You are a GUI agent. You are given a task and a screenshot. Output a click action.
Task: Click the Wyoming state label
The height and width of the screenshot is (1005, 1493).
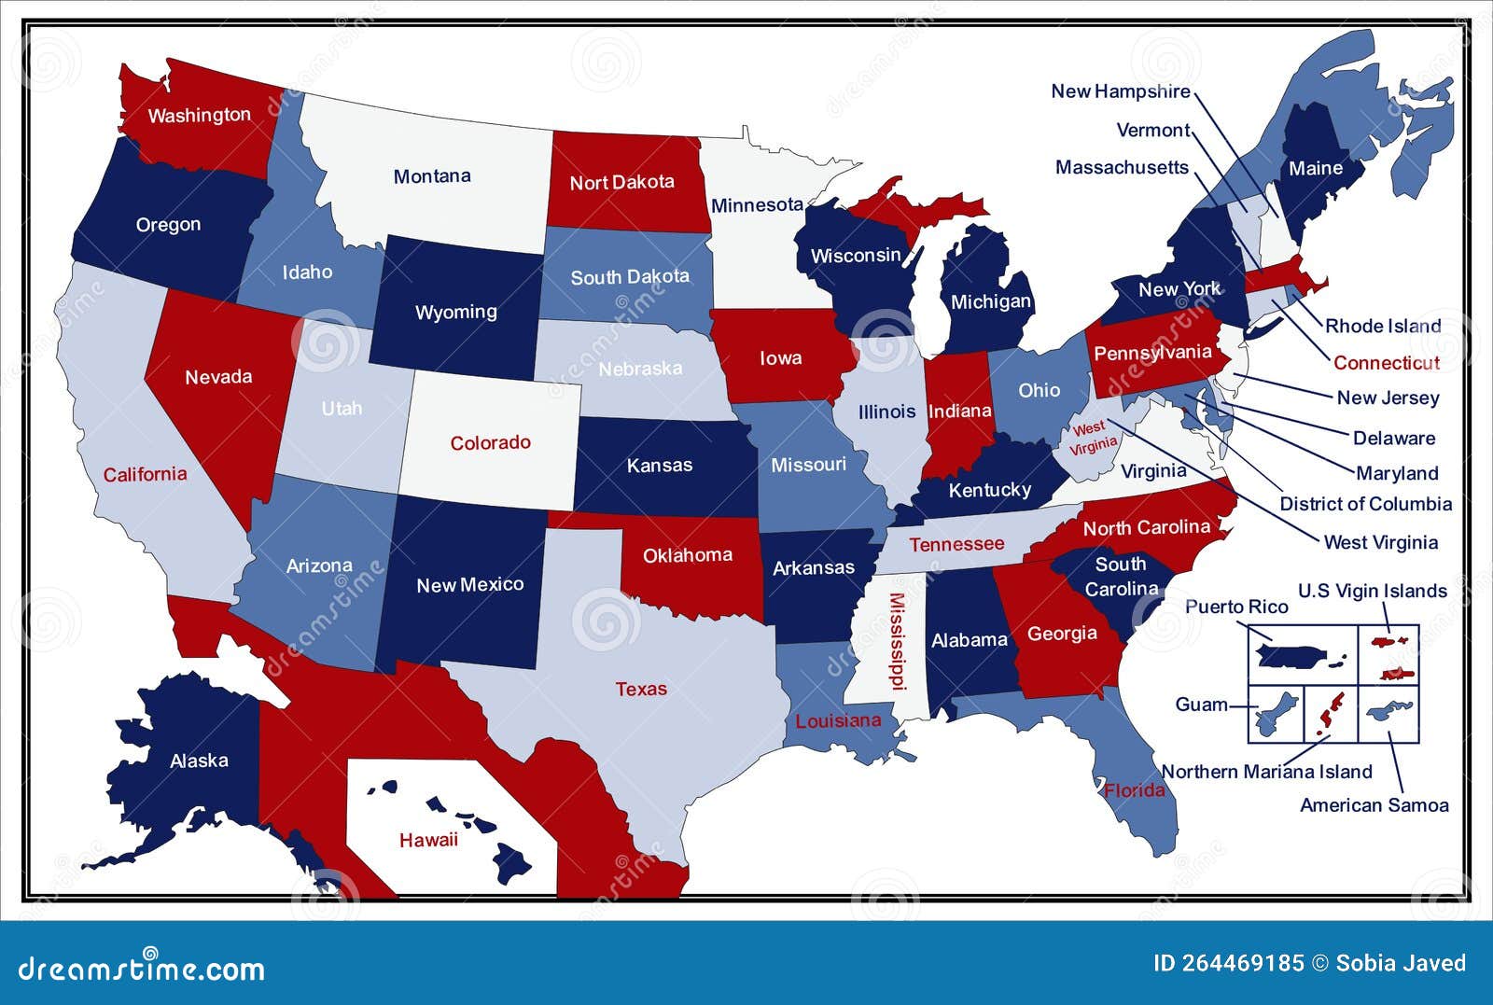[x=455, y=312]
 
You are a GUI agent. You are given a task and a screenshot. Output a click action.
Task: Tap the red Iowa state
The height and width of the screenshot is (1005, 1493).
[x=780, y=357]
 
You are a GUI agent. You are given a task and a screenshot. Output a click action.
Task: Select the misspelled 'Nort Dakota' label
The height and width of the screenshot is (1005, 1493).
[x=621, y=182]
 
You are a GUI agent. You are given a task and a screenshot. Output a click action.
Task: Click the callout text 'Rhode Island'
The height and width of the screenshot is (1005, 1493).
[x=1383, y=326]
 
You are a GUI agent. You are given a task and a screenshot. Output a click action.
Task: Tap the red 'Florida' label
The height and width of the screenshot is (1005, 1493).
[x=1135, y=790]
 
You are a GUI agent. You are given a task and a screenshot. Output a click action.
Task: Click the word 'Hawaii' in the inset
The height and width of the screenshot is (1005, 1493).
[x=428, y=840]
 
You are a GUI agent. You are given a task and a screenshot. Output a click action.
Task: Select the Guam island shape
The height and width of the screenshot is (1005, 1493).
[x=1276, y=715]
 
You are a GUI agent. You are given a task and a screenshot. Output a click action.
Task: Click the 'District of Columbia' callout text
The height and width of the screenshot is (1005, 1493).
[x=1365, y=504]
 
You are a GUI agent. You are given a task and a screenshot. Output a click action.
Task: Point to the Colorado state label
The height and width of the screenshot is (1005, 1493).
[x=490, y=442]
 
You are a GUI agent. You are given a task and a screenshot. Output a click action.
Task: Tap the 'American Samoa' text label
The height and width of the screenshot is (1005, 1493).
[x=1374, y=804]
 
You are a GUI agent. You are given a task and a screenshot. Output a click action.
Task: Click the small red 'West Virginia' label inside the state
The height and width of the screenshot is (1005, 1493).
[x=1091, y=437]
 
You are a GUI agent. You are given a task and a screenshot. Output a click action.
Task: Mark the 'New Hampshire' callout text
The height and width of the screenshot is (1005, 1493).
[x=1120, y=91]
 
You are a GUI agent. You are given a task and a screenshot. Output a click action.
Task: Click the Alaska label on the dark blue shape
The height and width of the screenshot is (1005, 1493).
[x=199, y=761]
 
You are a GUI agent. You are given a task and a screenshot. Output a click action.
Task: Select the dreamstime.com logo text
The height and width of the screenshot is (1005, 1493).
[x=142, y=968]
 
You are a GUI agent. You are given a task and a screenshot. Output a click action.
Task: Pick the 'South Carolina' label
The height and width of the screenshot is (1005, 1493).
[x=1121, y=576]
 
